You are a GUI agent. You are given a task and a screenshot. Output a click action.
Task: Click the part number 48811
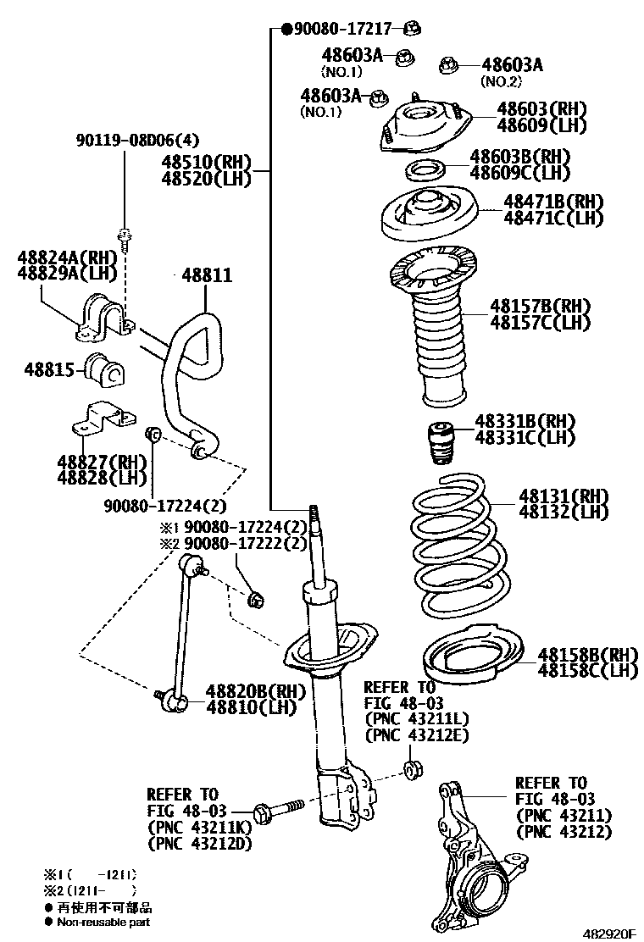(x=206, y=276)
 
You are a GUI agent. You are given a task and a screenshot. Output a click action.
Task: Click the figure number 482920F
(x=608, y=933)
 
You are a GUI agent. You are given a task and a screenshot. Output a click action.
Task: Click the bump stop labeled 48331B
(x=440, y=444)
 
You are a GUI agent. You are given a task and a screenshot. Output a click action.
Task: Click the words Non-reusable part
(x=103, y=922)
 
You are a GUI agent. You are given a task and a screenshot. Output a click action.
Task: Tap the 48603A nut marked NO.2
(x=448, y=65)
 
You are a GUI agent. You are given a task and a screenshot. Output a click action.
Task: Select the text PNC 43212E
(x=416, y=735)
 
